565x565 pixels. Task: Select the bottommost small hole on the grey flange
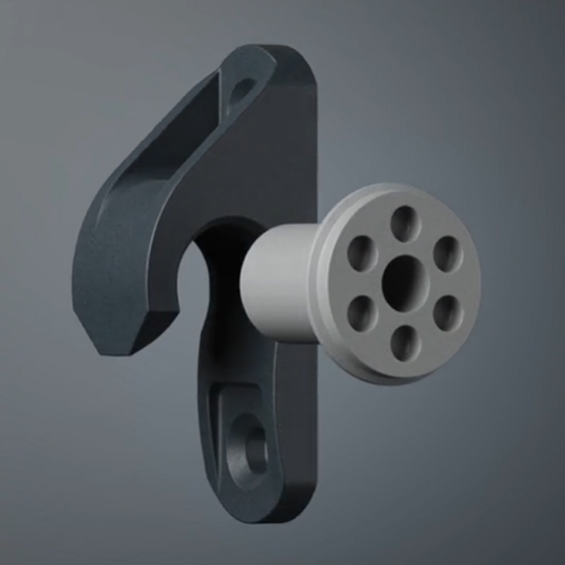(404, 342)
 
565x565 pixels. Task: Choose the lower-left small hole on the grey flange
(361, 312)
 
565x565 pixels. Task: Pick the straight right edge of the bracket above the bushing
(316, 145)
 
